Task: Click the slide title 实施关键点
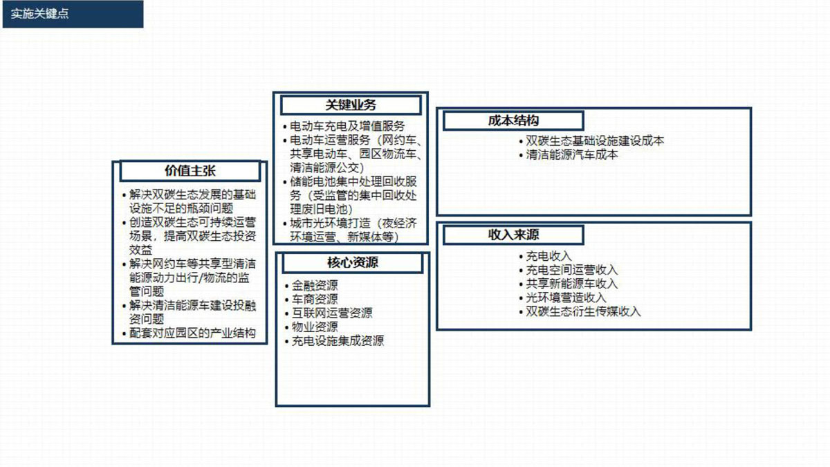pyautogui.click(x=39, y=14)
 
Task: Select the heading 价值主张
pyautogui.click(x=190, y=171)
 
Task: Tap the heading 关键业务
pyautogui.click(x=351, y=105)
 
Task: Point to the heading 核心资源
pyautogui.click(x=352, y=262)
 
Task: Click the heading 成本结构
pyautogui.click(x=513, y=120)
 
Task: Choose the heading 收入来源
pyautogui.click(x=513, y=235)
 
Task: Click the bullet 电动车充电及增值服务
pyautogui.click(x=347, y=127)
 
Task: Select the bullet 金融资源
pyautogui.click(x=315, y=285)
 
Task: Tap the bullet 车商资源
pyautogui.click(x=315, y=299)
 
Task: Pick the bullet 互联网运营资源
pyautogui.click(x=332, y=313)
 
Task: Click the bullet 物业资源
pyautogui.click(x=315, y=327)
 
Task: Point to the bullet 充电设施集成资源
pyautogui.click(x=338, y=340)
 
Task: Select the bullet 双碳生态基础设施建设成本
pyautogui.click(x=595, y=141)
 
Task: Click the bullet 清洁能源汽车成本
pyautogui.click(x=572, y=154)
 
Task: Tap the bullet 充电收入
pyautogui.click(x=548, y=256)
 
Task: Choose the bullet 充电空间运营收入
pyautogui.click(x=572, y=270)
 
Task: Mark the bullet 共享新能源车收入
pyautogui.click(x=572, y=284)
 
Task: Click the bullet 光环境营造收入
pyautogui.click(x=566, y=297)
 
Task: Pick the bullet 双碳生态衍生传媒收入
pyautogui.click(x=583, y=311)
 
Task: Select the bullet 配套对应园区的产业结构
pyautogui.click(x=192, y=333)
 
